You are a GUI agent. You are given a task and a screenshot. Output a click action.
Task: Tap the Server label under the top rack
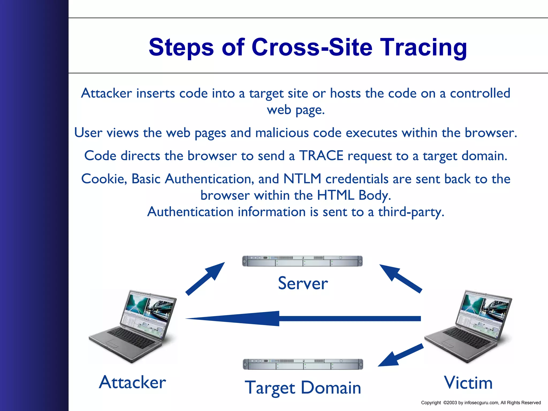[303, 283]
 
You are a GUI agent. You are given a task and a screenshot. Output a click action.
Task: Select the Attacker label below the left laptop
[132, 382]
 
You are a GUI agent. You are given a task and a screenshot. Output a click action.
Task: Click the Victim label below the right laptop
[468, 383]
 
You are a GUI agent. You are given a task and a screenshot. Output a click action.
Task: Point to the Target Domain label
[303, 387]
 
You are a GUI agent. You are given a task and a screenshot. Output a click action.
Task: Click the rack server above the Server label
[302, 261]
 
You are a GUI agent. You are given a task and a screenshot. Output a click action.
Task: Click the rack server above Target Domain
[303, 364]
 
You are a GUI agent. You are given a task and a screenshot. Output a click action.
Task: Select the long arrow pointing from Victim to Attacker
[302, 318]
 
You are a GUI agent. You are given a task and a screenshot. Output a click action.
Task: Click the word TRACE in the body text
[321, 156]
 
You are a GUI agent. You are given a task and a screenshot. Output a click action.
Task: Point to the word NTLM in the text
[302, 179]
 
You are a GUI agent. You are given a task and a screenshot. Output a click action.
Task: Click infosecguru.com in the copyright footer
[481, 403]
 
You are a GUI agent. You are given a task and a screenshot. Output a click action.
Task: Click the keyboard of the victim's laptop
[467, 338]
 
